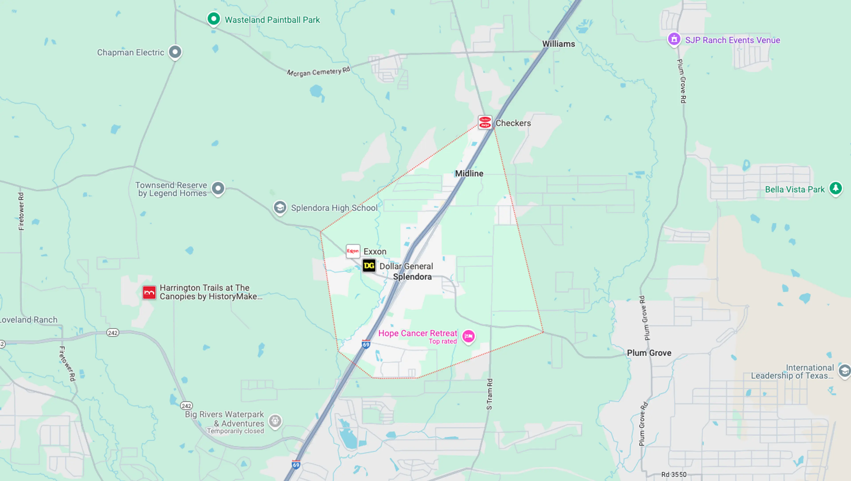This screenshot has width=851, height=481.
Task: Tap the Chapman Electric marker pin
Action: pos(175,52)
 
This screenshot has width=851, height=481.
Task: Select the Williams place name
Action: pos(558,44)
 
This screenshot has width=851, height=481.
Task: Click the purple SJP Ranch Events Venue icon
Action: pos(674,39)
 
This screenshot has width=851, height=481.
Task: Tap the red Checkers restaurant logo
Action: pos(485,122)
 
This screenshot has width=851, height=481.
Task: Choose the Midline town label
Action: pos(469,173)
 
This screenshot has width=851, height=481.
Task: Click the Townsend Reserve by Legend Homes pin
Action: pos(218,188)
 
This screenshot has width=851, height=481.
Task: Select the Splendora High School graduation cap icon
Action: pos(280,207)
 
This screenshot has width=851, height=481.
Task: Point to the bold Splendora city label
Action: pos(412,277)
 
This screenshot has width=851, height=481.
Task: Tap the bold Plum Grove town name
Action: pos(649,353)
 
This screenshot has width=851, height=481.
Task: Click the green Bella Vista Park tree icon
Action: pos(835,188)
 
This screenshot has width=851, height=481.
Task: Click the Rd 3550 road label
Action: pos(674,474)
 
